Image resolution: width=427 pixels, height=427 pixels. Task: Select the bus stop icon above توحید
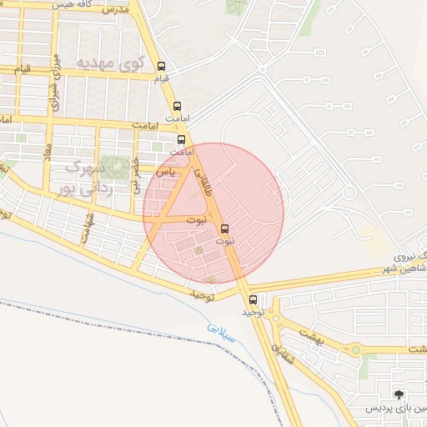(x=252, y=299)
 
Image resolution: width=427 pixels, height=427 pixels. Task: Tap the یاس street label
(x=168, y=171)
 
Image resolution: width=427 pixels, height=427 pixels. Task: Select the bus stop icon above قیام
(x=161, y=68)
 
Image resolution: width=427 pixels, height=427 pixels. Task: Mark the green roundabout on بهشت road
(x=356, y=349)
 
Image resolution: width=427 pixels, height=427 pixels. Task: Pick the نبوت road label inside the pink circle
(x=196, y=220)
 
